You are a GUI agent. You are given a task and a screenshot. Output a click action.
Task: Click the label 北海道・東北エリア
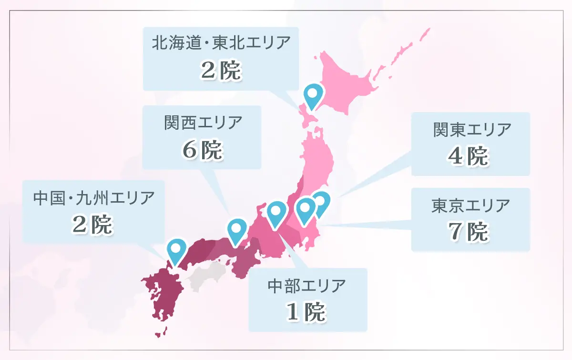[221, 43]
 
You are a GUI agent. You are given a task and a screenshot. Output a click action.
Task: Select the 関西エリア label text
[203, 123]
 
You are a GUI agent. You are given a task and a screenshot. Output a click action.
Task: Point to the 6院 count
[203, 150]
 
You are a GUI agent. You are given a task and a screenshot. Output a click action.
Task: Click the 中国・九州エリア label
[94, 197]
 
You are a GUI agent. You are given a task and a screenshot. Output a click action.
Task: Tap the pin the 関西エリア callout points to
[237, 229]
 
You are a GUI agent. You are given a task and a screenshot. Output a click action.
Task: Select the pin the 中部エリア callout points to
[276, 212]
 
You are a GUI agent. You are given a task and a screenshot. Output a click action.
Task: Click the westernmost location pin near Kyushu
[176, 249]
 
